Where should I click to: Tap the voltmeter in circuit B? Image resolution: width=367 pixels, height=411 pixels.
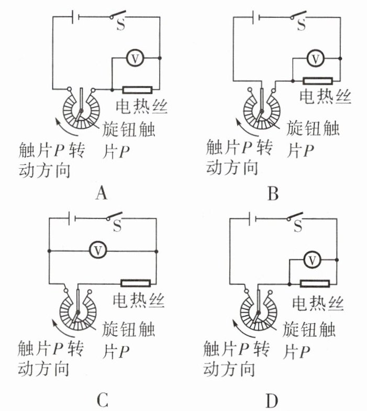click(315, 58)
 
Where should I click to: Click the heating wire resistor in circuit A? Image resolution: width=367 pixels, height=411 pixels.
click(137, 90)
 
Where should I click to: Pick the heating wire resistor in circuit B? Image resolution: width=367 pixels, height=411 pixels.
click(317, 81)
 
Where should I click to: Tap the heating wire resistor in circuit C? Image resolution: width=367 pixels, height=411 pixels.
click(136, 283)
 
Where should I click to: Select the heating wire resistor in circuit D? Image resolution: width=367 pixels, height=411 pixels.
click(315, 284)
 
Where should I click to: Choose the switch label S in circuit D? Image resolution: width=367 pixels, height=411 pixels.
click(298, 226)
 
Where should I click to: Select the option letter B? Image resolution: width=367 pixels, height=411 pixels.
click(272, 194)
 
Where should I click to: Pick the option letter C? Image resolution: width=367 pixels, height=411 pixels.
click(103, 401)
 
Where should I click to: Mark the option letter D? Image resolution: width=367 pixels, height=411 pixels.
click(271, 401)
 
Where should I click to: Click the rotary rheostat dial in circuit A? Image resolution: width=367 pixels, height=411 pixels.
click(81, 109)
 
